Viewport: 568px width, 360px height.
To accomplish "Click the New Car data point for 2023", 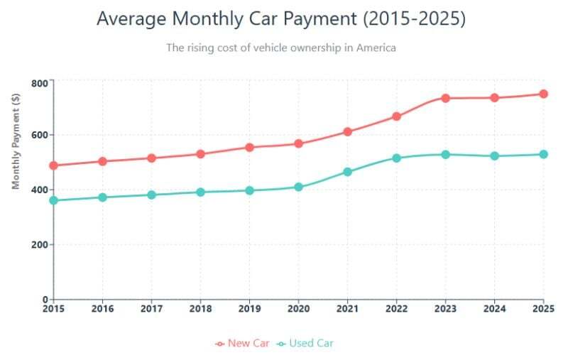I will tap(446, 98).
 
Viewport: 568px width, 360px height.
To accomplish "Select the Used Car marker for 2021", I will tap(347, 172).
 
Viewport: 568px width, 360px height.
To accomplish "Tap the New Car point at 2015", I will tap(53, 165).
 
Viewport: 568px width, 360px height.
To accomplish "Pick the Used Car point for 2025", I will tap(544, 154).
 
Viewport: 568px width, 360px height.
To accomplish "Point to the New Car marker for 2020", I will tap(298, 143).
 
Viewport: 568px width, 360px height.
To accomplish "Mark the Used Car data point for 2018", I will tap(200, 192).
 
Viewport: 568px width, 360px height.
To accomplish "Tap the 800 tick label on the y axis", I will tap(39, 83).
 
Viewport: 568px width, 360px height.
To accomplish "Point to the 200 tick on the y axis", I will tap(39, 245).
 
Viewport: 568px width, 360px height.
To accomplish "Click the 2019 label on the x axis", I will tap(249, 309).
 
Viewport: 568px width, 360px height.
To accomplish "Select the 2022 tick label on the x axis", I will tap(396, 309).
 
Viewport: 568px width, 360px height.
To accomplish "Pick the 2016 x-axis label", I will tap(102, 309).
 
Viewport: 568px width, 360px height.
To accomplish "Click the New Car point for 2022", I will tap(397, 116).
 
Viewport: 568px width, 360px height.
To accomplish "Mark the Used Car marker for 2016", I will tap(102, 197).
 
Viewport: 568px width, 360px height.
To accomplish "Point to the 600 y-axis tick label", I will tap(39, 136).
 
